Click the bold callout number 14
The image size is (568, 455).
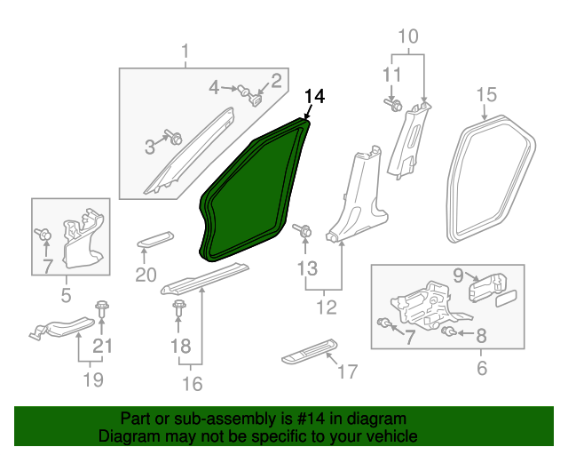pos(314,97)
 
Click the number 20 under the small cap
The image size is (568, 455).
pos(146,275)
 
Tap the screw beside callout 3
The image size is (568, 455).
pos(174,139)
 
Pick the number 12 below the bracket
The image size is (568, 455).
pos(327,307)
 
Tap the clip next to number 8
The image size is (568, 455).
pos(450,332)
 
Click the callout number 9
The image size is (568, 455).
pos(458,275)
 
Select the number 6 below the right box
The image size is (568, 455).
pos(482,368)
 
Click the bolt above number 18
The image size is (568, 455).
pos(180,308)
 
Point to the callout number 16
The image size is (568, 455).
pos(192,383)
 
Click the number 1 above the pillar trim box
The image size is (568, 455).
pos(185,52)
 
